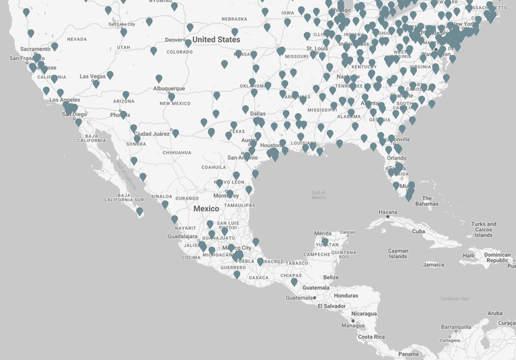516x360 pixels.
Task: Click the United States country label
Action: (216, 40)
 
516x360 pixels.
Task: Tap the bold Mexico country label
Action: (206, 209)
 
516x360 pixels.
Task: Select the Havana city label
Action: (389, 212)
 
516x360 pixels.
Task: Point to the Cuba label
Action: (418, 231)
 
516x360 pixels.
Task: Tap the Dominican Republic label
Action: (497, 257)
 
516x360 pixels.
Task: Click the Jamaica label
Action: (433, 264)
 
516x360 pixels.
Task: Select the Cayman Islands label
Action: (398, 254)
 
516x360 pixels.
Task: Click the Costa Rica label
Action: (370, 337)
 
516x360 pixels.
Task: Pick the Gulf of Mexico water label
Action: (318, 195)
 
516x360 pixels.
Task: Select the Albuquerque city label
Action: (169, 88)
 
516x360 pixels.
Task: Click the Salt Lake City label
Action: (122, 24)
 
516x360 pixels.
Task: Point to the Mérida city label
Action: (323, 233)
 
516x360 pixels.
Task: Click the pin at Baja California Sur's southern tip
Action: (140, 211)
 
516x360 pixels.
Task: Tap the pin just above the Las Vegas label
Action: (109, 74)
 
